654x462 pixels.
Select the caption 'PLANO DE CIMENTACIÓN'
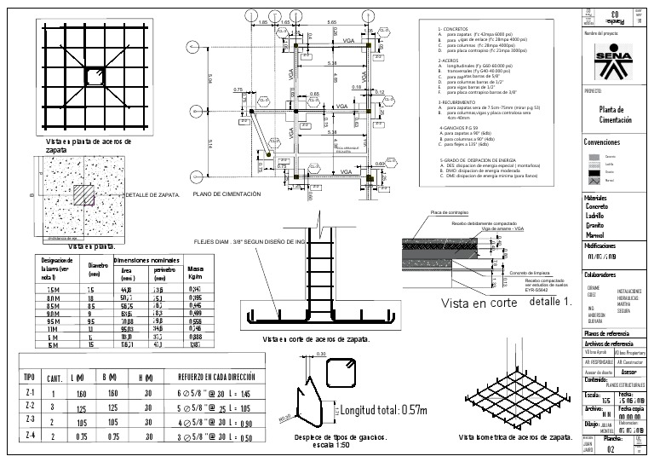click(x=227, y=194)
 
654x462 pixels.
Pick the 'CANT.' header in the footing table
click(x=54, y=377)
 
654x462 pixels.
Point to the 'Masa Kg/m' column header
click(x=195, y=272)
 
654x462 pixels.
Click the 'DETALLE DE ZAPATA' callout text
click(x=152, y=195)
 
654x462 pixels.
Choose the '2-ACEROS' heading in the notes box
click(x=450, y=61)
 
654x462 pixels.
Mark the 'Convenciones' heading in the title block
click(x=603, y=142)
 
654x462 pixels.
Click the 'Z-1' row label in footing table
click(x=31, y=393)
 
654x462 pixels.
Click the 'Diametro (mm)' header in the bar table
click(x=94, y=269)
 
